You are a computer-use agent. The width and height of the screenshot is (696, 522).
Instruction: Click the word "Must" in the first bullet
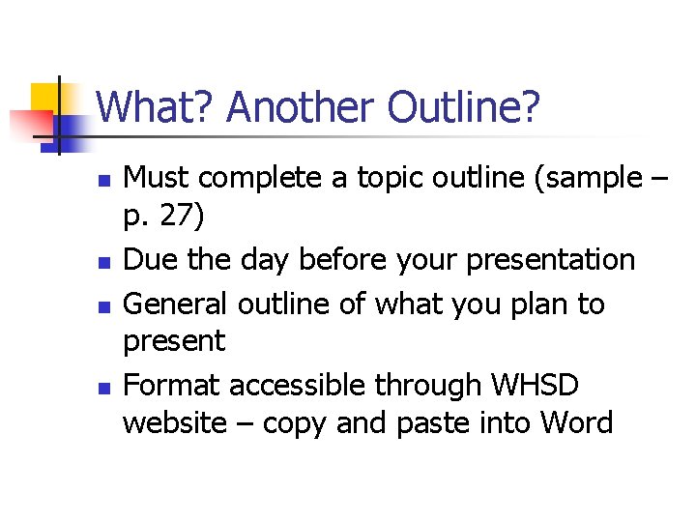159,178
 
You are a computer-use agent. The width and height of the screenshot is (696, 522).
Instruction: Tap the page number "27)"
181,218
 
